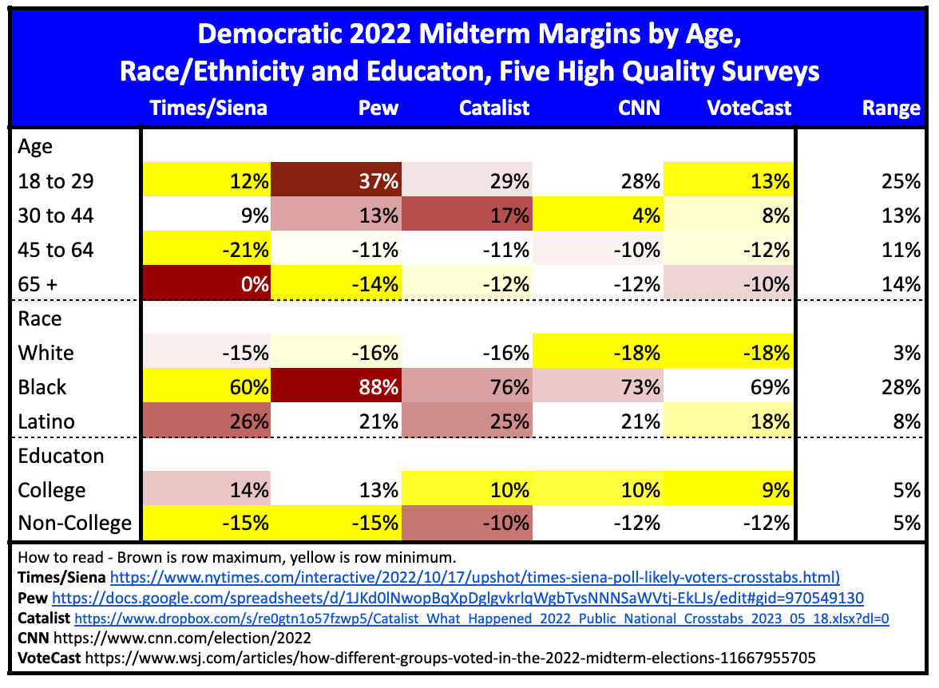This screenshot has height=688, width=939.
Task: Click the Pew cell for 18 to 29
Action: click(x=335, y=182)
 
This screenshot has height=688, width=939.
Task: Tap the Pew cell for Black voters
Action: click(x=335, y=387)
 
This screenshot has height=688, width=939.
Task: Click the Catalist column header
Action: click(x=494, y=108)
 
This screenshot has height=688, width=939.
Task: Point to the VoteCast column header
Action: click(x=748, y=108)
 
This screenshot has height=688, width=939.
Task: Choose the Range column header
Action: click(x=891, y=108)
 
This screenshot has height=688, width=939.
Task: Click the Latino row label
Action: click(x=46, y=421)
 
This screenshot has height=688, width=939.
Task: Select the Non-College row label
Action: click(x=74, y=524)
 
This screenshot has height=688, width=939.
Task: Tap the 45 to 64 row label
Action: click(x=55, y=251)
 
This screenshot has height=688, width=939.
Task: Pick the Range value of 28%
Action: click(x=902, y=387)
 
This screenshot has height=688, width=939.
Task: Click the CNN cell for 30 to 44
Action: click(x=599, y=216)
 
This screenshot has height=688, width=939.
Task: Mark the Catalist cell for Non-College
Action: click(x=467, y=524)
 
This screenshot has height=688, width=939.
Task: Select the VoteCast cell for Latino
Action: click(x=730, y=421)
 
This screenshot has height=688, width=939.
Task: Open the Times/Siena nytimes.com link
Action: click(x=474, y=577)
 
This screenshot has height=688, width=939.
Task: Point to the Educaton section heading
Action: click(x=61, y=457)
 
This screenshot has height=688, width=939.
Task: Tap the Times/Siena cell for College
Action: click(x=207, y=490)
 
